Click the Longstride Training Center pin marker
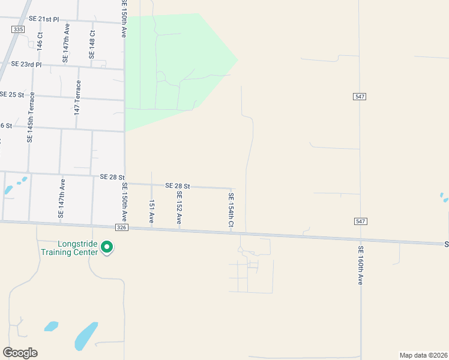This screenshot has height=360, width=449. coord(107,247)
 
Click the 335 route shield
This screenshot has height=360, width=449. coord(18,28)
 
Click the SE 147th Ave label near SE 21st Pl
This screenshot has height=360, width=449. coord(67,44)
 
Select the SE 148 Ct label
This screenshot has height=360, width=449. coord(92,44)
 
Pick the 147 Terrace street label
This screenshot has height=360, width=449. coord(77,99)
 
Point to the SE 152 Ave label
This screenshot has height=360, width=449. coord(179,208)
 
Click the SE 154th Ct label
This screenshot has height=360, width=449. coord(231,209)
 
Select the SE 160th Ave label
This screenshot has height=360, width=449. coord(361,265)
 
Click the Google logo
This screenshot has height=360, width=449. coord(20,353)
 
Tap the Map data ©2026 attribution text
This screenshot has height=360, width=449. coord(423,355)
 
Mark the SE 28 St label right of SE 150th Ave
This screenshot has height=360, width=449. coord(178,187)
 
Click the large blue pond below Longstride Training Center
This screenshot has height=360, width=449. coord(86,336)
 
